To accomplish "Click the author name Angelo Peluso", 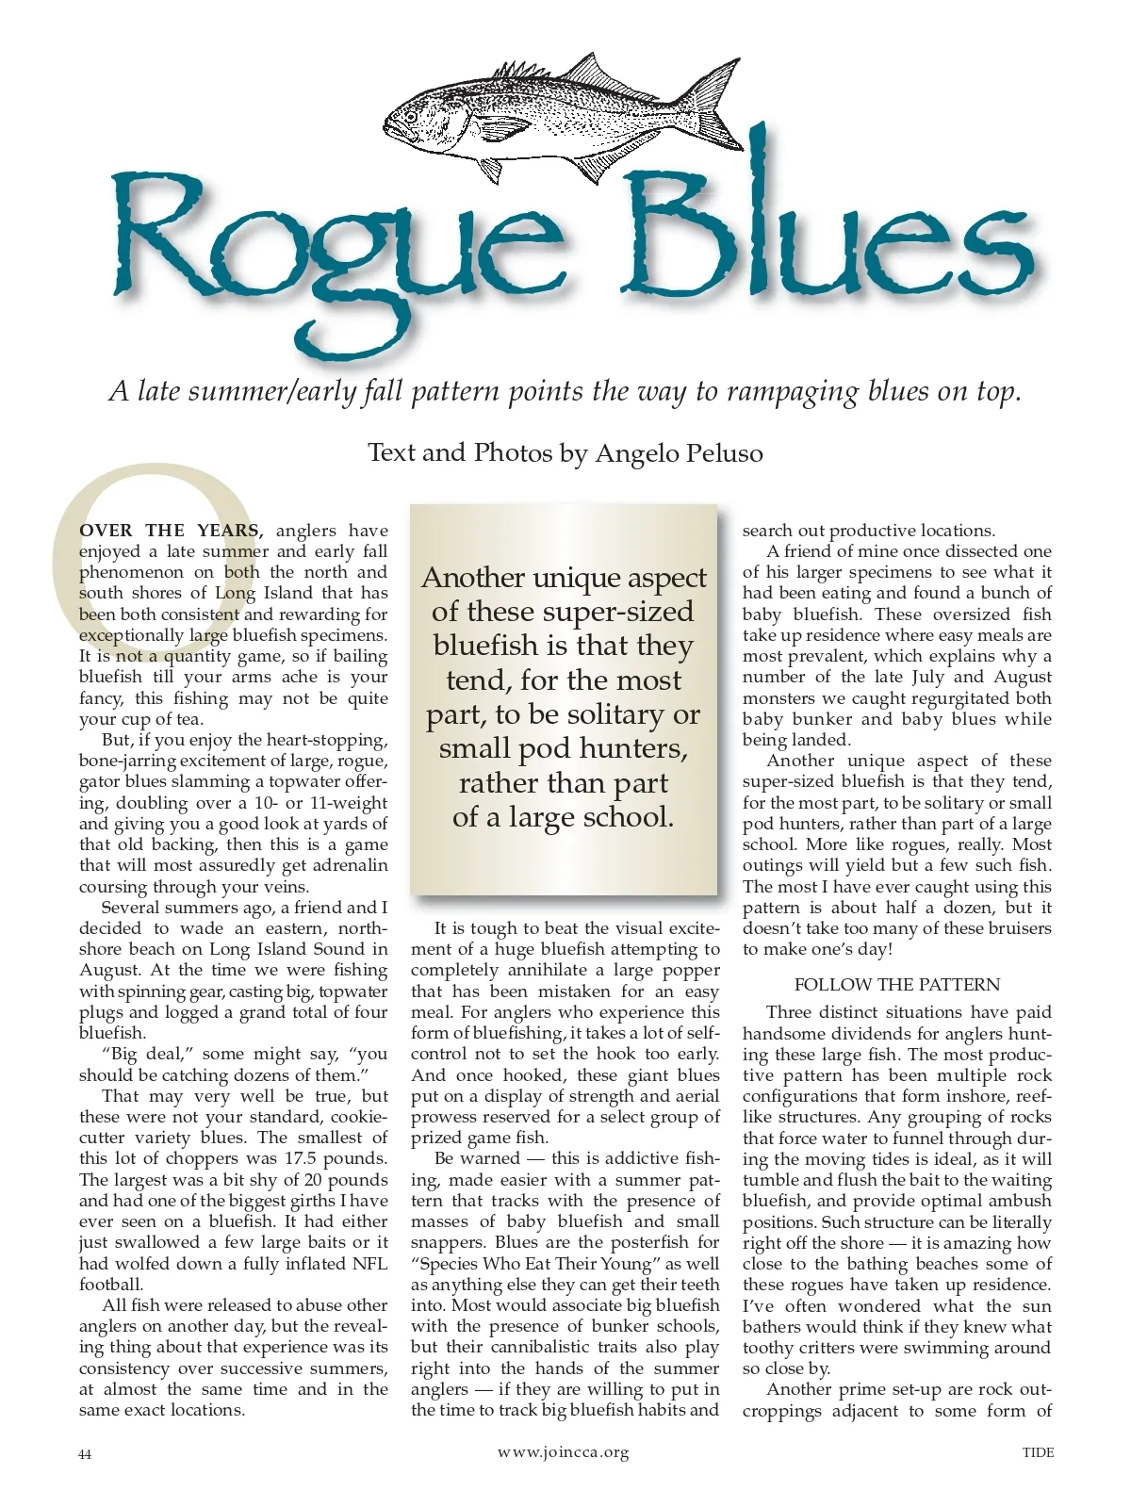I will point(679,453).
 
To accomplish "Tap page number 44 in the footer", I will point(85,1454).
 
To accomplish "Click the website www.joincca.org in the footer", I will point(563,1452).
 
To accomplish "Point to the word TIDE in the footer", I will point(1038,1452).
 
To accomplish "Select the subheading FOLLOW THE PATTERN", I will point(896,985).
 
